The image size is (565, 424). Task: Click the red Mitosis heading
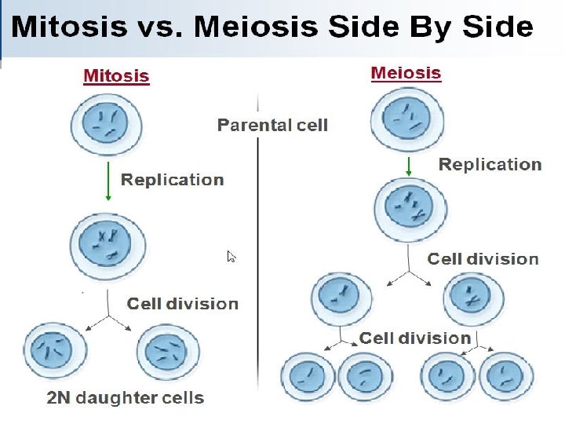pos(116,76)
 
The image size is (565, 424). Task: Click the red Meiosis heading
pos(406,73)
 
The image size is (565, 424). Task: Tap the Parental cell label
pos(272,125)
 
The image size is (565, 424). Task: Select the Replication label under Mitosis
pos(172,180)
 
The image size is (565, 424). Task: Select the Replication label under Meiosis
pos(490,164)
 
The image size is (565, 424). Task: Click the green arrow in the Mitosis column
pos(107,182)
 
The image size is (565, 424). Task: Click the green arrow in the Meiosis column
pos(409,166)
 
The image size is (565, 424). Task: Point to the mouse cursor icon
pos(231,257)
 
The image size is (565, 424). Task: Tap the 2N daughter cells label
pos(126,398)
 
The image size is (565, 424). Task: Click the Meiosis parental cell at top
pos(406,119)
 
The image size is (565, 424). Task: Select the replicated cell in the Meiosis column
pos(410,207)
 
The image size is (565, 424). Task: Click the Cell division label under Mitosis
pos(182,304)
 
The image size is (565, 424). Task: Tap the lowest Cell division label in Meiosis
pos(415,338)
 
